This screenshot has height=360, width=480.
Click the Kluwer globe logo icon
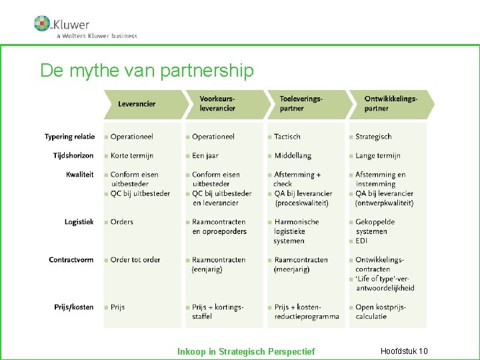tap(42, 23)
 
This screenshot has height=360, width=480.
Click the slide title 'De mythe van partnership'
tap(147, 71)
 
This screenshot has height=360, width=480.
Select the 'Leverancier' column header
tap(137, 104)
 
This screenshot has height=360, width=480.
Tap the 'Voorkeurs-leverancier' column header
tap(217, 104)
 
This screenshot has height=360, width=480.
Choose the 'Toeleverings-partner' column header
tap(301, 104)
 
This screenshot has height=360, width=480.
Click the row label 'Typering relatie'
tap(69, 137)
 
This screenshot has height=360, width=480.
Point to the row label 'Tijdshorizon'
tap(73, 155)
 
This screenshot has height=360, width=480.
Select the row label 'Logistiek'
tap(79, 222)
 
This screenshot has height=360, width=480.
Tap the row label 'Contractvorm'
tap(71, 259)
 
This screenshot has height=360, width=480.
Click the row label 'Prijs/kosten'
tap(74, 307)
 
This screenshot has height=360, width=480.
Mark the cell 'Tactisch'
tap(287, 137)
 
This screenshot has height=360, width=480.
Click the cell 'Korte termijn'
tap(132, 155)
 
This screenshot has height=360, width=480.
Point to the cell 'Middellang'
tap(293, 155)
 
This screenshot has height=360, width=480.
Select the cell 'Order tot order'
tap(135, 259)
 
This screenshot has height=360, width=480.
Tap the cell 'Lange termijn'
tap(378, 155)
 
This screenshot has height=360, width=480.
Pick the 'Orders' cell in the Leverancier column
tap(122, 222)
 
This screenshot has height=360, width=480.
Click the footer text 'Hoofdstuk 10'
tap(404, 351)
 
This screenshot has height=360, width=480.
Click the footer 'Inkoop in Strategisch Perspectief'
tap(246, 351)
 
